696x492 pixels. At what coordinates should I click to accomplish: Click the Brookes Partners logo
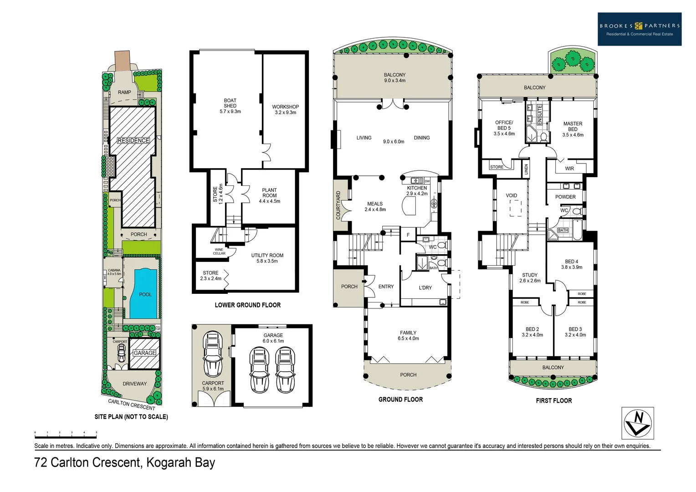tap(639, 29)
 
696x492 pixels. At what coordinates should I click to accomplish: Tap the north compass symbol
tap(637, 423)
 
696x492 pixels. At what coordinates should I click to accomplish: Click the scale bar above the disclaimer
tap(66, 432)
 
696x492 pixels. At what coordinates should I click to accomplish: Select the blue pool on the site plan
tap(144, 293)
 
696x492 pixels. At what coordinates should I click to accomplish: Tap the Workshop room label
tap(285, 107)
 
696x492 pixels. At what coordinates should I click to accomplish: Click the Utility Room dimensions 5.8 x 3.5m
tap(267, 261)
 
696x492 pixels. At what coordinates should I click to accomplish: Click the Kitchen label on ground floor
tap(417, 188)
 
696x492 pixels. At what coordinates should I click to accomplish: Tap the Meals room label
tap(375, 204)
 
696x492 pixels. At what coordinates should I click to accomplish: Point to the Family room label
tap(408, 333)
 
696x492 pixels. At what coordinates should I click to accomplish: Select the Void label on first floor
tap(512, 195)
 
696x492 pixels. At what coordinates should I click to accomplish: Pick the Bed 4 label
tap(572, 261)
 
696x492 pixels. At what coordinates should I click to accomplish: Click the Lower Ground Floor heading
tap(247, 305)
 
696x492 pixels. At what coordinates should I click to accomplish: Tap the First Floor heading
tap(553, 400)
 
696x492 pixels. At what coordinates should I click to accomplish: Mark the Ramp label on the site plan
tap(124, 92)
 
